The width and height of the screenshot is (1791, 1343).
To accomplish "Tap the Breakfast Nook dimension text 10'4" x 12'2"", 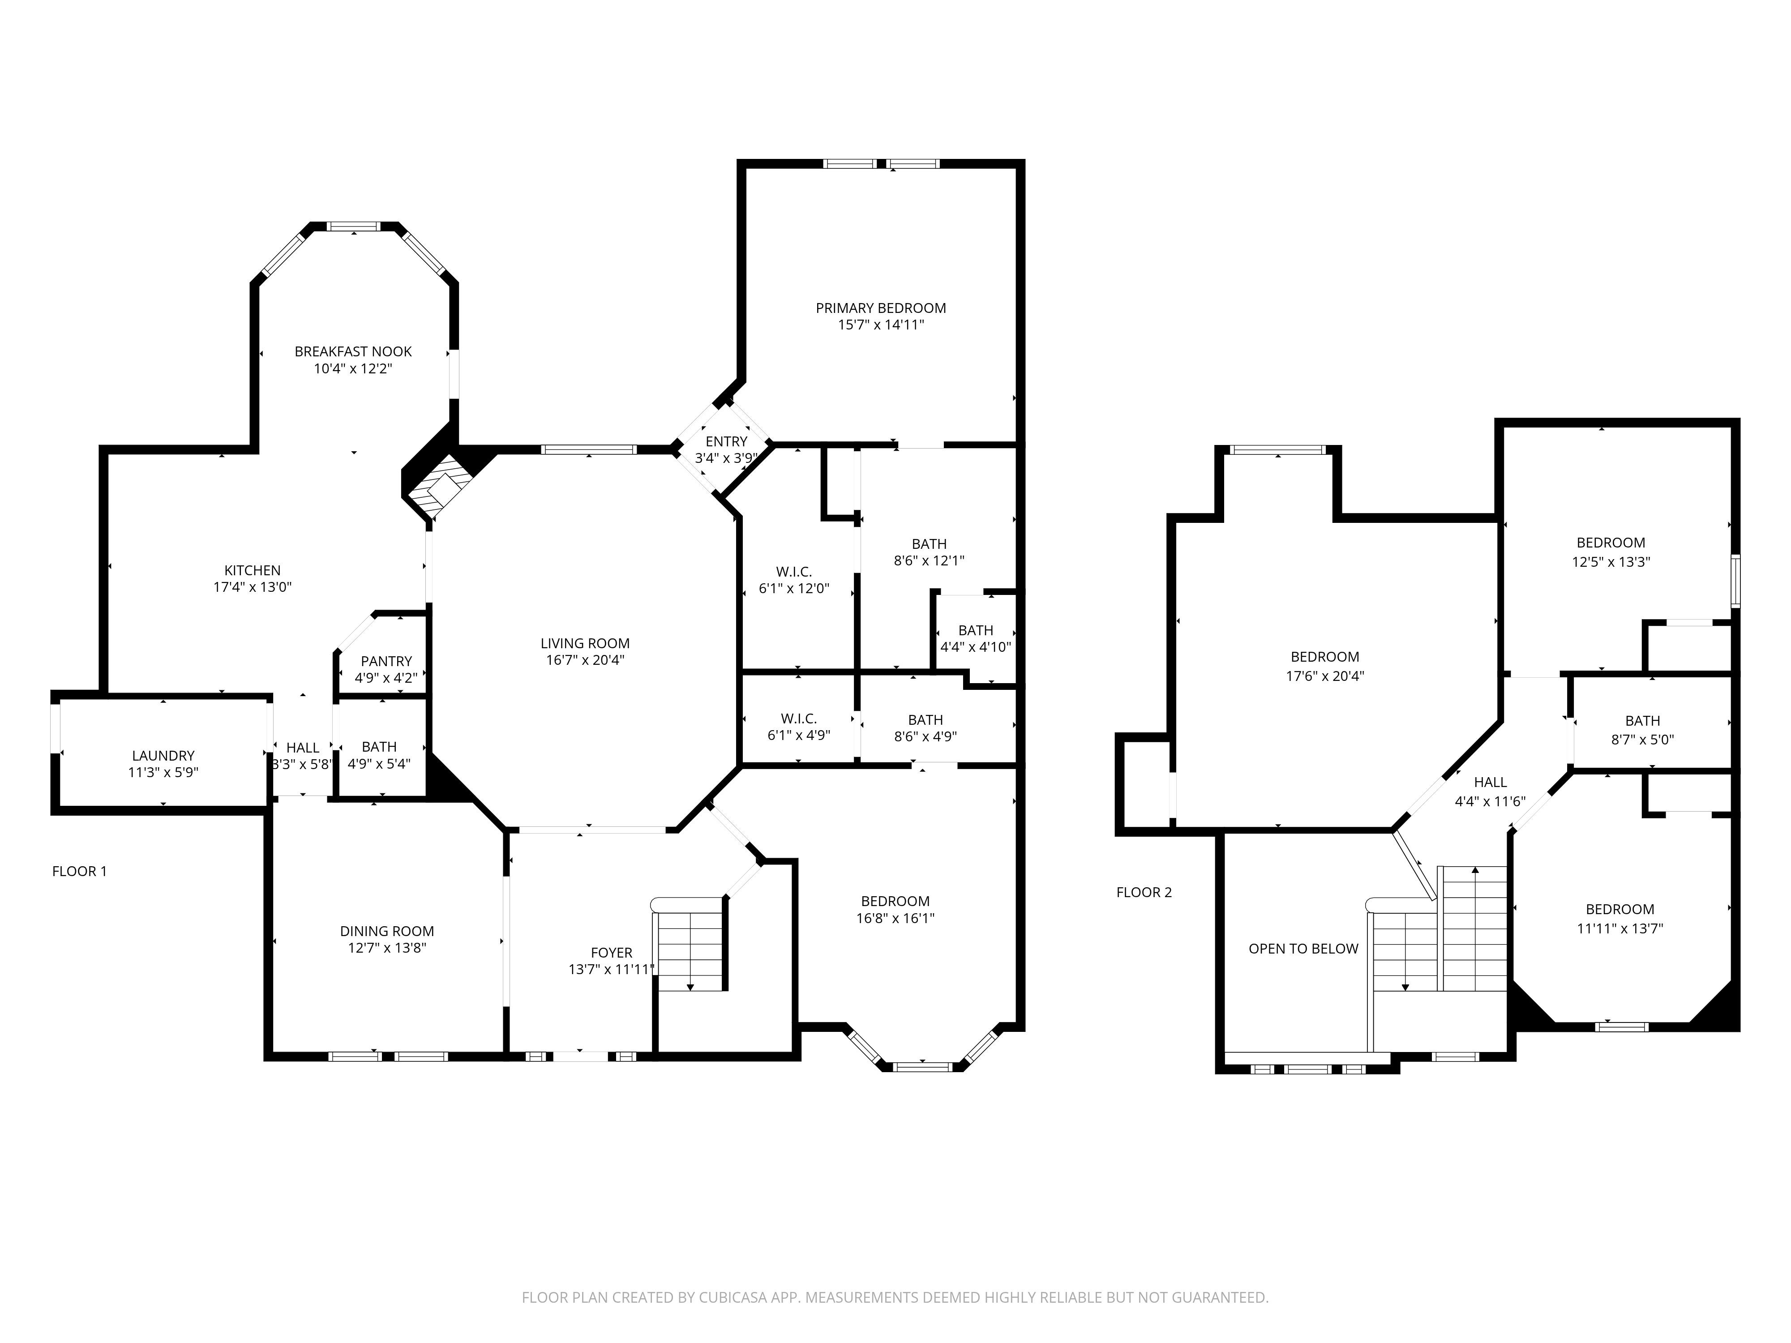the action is pyautogui.click(x=353, y=368).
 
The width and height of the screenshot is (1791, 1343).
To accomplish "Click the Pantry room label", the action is pyautogui.click(x=386, y=661).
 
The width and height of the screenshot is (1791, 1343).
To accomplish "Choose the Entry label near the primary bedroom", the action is pyautogui.click(x=726, y=441).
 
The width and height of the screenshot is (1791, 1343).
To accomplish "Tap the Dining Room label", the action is pyautogui.click(x=387, y=931).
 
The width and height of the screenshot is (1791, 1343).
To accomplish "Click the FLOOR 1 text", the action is pyautogui.click(x=79, y=871).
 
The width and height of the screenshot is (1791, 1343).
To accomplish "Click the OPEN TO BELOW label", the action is pyautogui.click(x=1303, y=949).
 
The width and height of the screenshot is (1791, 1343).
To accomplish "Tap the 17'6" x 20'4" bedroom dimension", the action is pyautogui.click(x=1325, y=676).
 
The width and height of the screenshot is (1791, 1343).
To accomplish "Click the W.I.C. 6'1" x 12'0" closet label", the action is pyautogui.click(x=794, y=581).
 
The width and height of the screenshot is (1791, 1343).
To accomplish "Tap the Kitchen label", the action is pyautogui.click(x=253, y=571).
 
